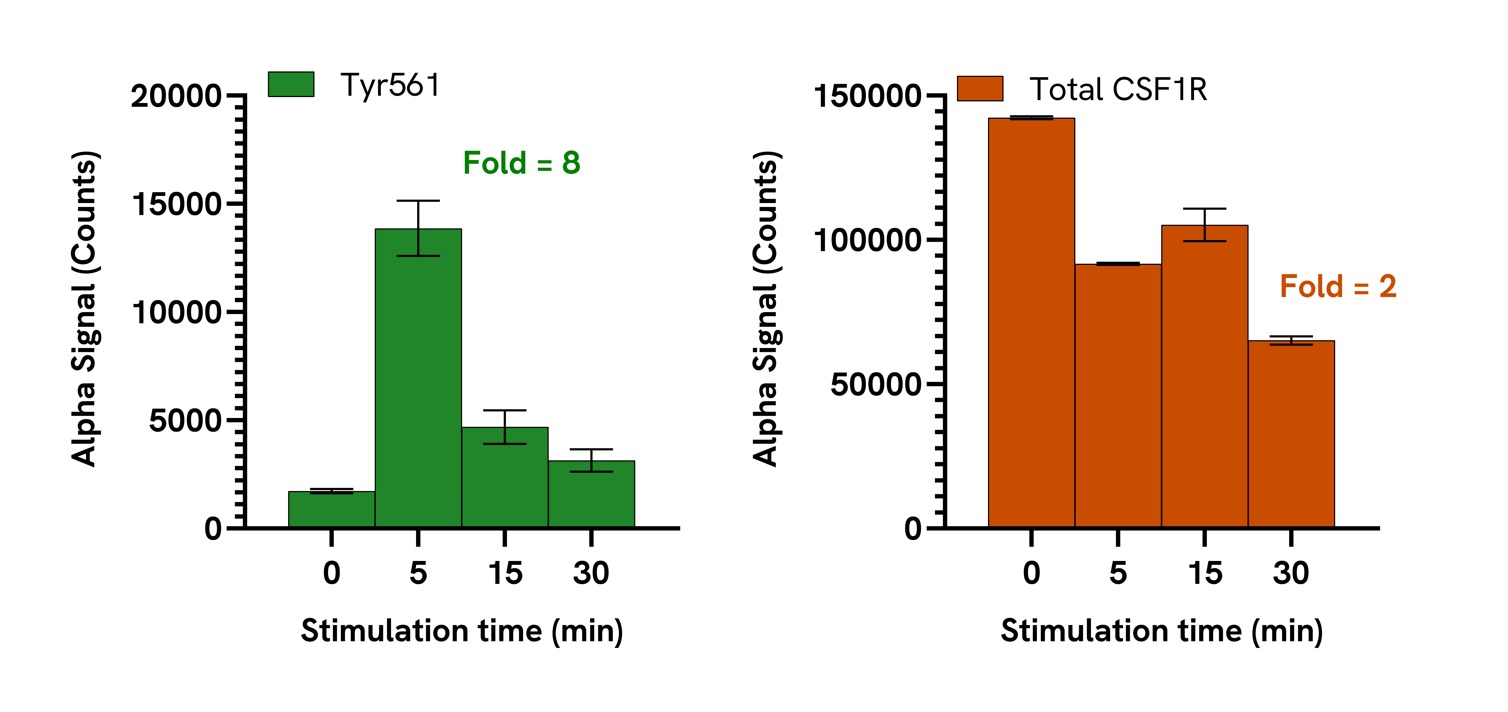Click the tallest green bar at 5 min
[418, 378]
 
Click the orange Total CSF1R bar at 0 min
[1031, 323]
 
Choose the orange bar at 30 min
[1291, 434]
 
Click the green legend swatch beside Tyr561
[291, 84]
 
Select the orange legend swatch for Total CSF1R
[980, 88]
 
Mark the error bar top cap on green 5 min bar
[418, 201]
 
